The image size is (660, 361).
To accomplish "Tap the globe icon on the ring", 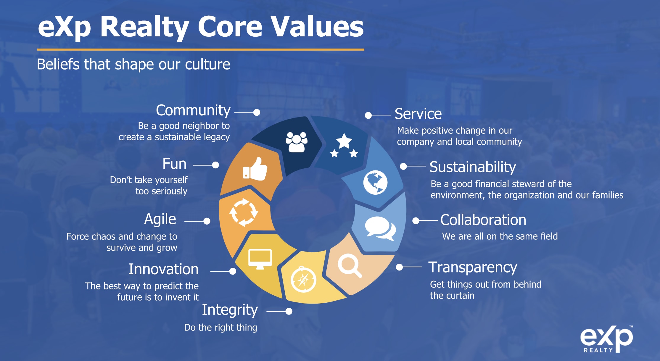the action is [x=375, y=182].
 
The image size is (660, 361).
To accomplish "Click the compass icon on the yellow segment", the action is [x=303, y=279].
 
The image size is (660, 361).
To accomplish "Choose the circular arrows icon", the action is [x=244, y=212].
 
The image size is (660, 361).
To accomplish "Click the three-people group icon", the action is [x=296, y=142].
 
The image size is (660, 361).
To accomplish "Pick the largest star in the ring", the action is [x=344, y=141].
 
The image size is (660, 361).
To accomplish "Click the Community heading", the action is [x=193, y=111].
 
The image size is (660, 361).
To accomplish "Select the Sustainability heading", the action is [x=473, y=167].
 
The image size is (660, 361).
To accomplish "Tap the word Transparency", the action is [x=473, y=267].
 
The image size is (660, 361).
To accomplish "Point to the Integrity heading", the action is [x=230, y=310].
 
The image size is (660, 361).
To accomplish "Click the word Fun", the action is [x=174, y=164].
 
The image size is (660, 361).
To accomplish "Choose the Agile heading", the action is [x=160, y=220].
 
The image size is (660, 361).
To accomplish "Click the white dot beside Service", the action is [x=368, y=115].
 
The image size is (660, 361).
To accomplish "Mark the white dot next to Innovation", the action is [x=233, y=271].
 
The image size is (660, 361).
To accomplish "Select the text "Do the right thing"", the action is [x=220, y=328].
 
